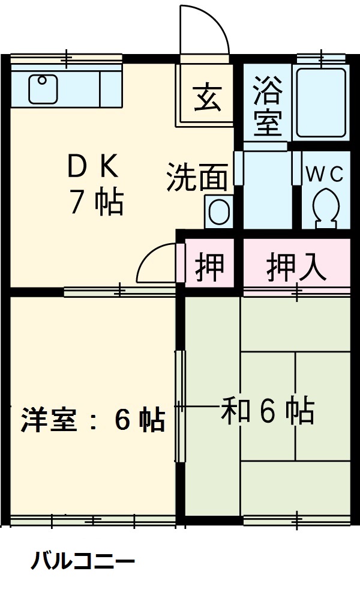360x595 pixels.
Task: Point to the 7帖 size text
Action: [96, 203]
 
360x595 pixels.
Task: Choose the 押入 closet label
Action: [296, 265]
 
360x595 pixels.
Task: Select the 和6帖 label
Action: [268, 411]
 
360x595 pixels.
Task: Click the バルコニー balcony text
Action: [83, 563]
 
